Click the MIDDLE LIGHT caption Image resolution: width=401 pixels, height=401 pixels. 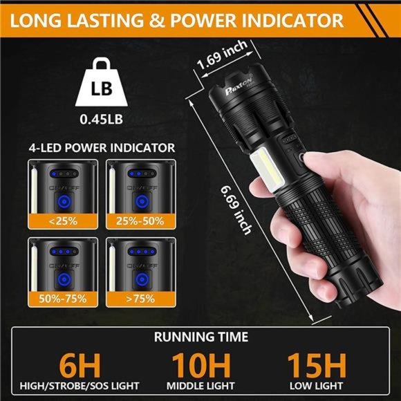coord(200,384)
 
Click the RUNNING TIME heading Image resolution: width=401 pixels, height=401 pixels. coord(200,338)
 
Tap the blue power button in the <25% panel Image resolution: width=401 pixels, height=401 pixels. coord(62,201)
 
